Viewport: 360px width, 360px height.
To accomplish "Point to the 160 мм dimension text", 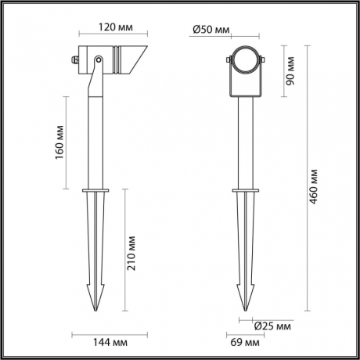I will pos(59,142).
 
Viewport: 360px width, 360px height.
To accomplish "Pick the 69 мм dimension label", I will pos(247,343).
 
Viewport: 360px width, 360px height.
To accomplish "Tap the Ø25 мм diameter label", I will pos(273,325).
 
